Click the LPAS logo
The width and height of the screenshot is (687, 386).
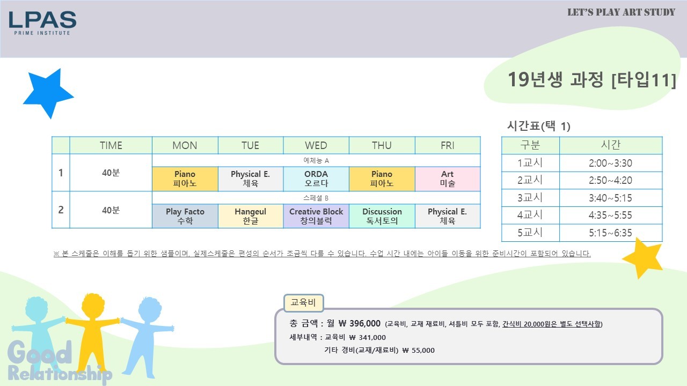[x=42, y=23]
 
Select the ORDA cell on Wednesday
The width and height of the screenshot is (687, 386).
[x=316, y=179]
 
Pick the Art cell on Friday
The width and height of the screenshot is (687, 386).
[x=448, y=179]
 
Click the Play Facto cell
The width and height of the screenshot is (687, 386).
[x=185, y=216]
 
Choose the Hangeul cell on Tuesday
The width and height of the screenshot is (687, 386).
[x=251, y=216]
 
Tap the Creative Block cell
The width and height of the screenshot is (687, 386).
[x=316, y=216]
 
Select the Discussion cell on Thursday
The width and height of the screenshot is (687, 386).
[x=382, y=216]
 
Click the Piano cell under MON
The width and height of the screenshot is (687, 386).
[x=185, y=179]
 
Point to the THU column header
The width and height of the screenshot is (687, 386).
[x=382, y=145]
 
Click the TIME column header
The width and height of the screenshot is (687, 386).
[x=111, y=145]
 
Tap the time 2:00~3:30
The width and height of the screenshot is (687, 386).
[x=610, y=163]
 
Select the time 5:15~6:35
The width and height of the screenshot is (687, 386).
[x=610, y=233]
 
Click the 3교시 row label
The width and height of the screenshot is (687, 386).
[x=530, y=198]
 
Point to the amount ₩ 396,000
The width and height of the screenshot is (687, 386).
[x=359, y=323]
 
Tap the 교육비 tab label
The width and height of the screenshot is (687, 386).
[x=303, y=303]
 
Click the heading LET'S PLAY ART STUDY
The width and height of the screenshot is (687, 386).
[x=621, y=12]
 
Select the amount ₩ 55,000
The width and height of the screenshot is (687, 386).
[x=418, y=350]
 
